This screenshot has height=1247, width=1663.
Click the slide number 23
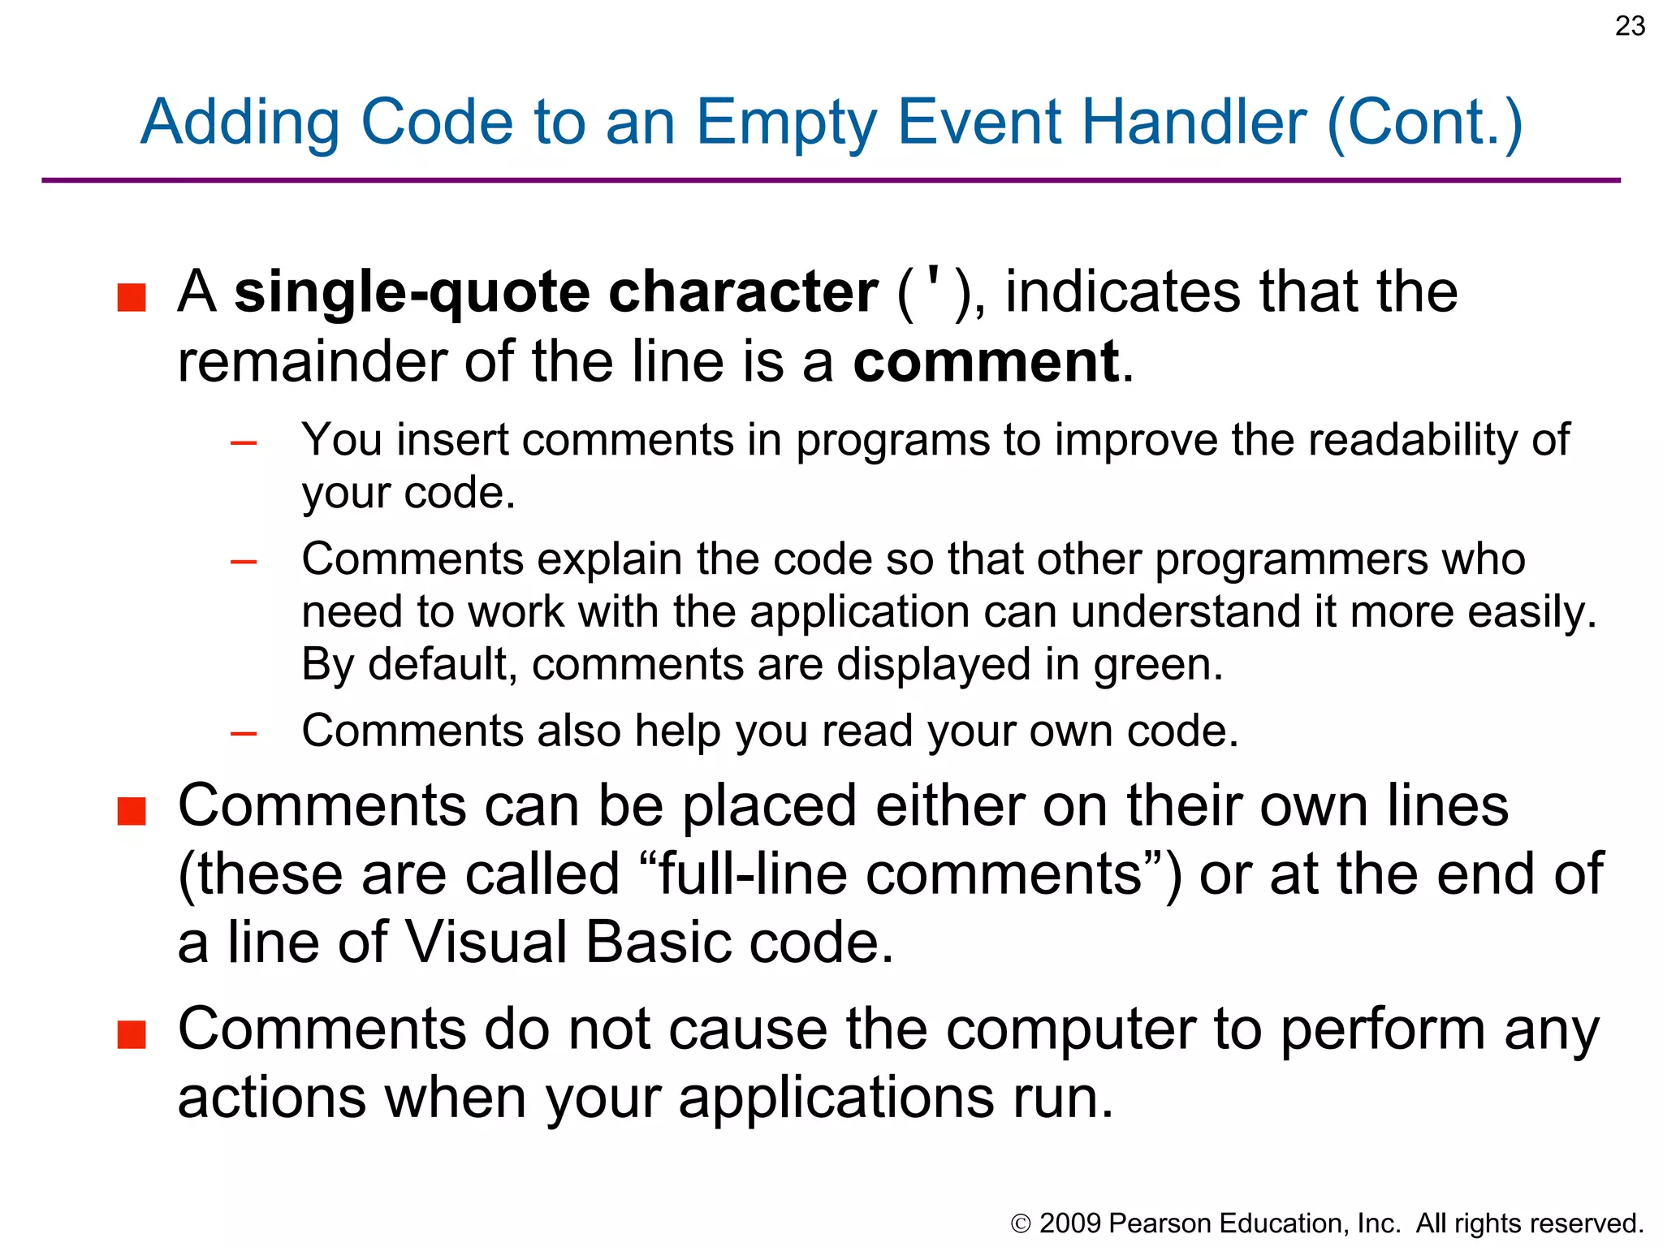point(1630,27)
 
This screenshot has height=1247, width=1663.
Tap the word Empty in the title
point(786,123)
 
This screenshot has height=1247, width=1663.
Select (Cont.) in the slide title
point(1424,123)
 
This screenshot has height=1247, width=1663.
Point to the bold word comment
point(986,361)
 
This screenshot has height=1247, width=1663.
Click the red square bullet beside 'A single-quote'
point(132,297)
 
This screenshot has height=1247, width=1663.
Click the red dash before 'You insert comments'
point(244,443)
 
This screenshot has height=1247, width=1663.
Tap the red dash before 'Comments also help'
point(244,734)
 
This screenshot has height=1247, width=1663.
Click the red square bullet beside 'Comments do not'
point(132,1035)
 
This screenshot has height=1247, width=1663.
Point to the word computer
point(1070,1029)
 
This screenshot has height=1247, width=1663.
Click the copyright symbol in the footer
point(1021,1224)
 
